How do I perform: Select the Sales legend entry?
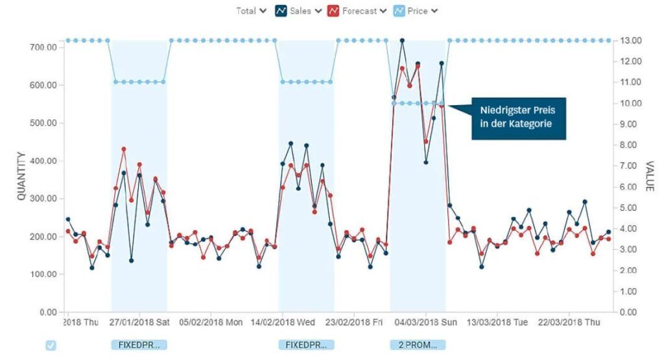click(x=299, y=10)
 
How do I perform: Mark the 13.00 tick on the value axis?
click(x=632, y=40)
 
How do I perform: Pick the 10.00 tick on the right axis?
click(x=632, y=103)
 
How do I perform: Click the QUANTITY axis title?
click(x=21, y=176)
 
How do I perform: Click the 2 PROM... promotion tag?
click(x=418, y=344)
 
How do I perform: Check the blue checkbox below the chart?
click(x=51, y=345)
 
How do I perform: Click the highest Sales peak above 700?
click(x=402, y=40)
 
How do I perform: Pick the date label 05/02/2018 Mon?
click(x=211, y=322)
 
